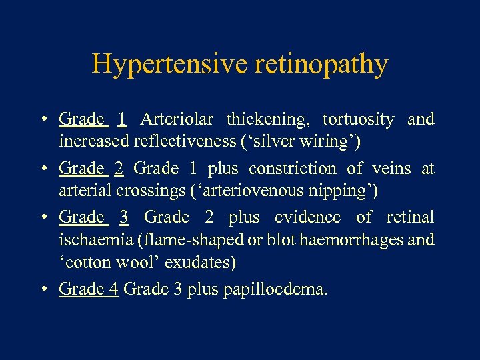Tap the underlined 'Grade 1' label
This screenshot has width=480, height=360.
(x=93, y=119)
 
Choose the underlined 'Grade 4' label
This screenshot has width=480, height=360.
(x=89, y=289)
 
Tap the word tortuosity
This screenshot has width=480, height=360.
(x=358, y=119)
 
